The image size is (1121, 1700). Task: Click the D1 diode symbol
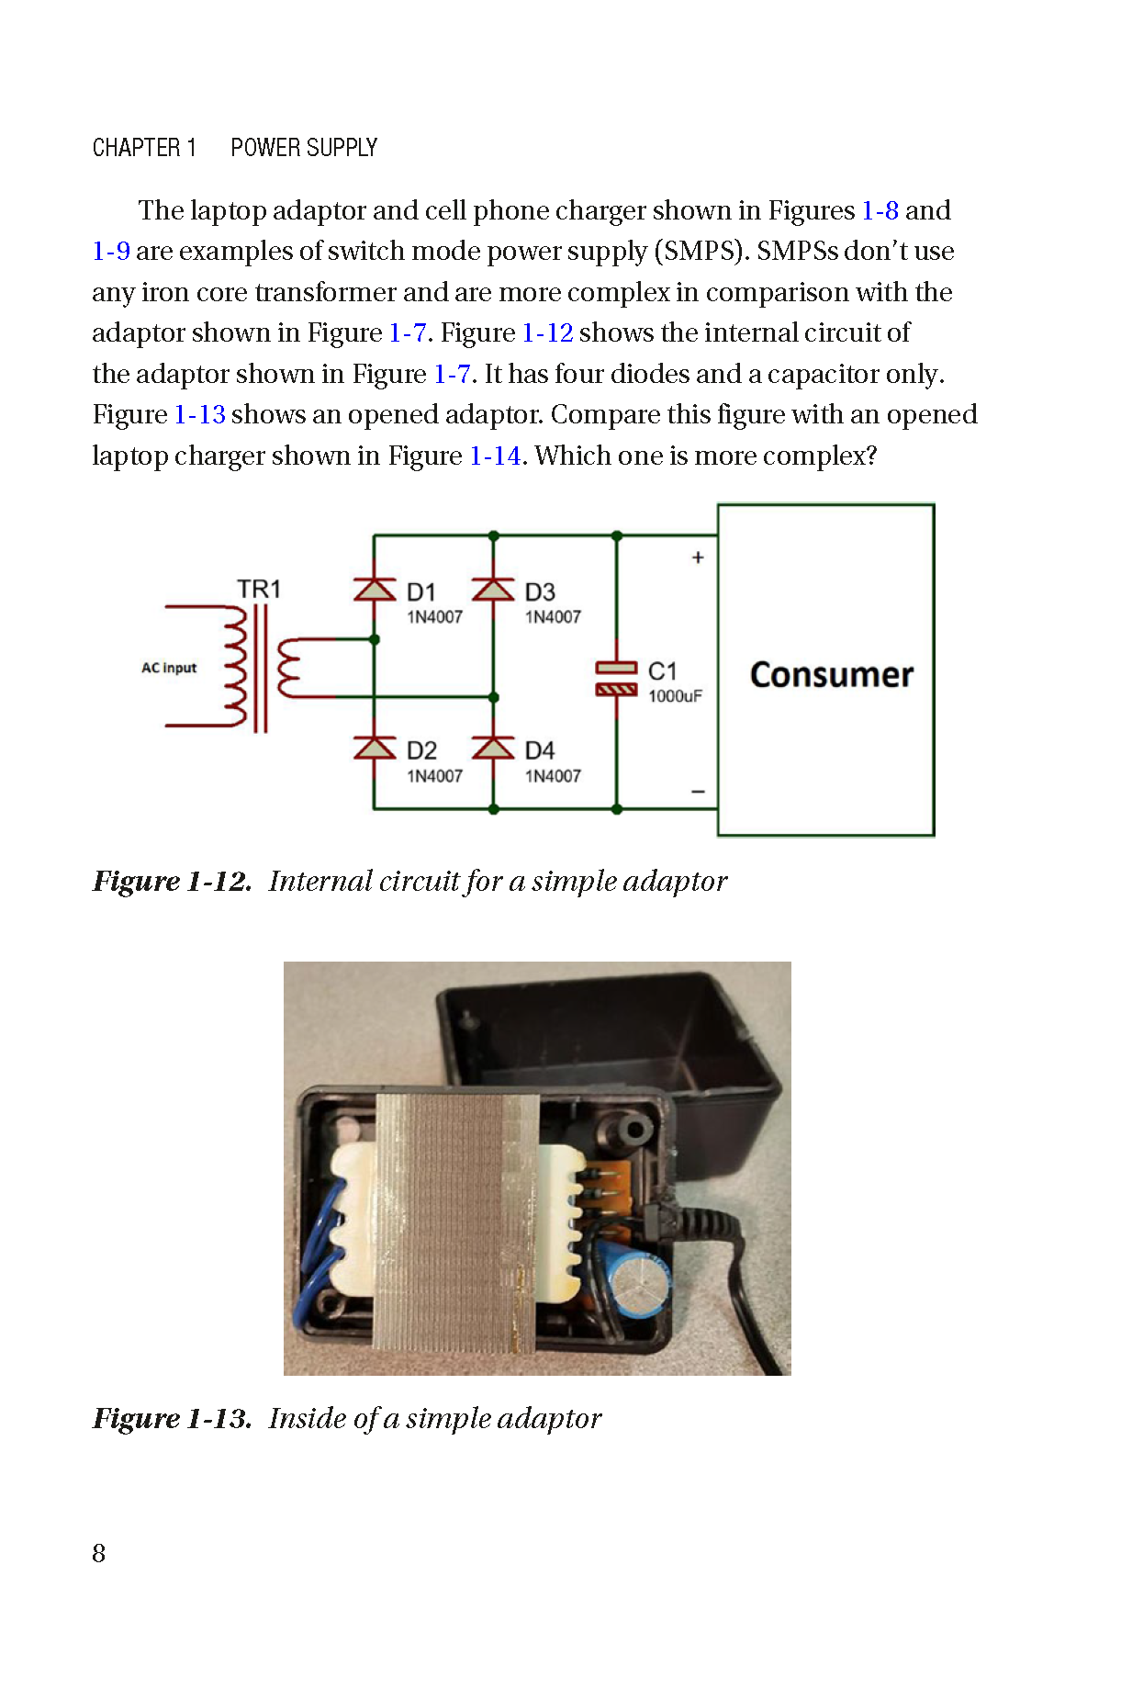[x=375, y=589]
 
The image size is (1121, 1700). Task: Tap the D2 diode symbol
[x=375, y=748]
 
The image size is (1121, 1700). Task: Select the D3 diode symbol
[x=493, y=589]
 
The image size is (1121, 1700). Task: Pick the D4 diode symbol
[x=493, y=748]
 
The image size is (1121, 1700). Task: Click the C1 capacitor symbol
[x=616, y=678]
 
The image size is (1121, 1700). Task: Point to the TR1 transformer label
[x=259, y=589]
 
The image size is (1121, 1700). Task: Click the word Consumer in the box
[x=831, y=675]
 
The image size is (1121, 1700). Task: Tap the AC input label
[x=169, y=668]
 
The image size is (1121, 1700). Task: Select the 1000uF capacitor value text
[x=675, y=696]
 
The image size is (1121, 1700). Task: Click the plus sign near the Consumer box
[x=698, y=557]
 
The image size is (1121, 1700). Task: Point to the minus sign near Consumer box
[x=698, y=792]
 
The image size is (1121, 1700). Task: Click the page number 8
[x=99, y=1553]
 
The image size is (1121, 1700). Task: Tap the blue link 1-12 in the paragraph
[x=547, y=332]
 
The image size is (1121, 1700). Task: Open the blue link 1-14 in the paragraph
[x=495, y=456]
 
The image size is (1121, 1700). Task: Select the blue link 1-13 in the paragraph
[x=200, y=415]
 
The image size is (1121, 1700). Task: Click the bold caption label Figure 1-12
[x=172, y=882]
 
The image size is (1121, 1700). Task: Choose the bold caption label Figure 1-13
[x=172, y=1419]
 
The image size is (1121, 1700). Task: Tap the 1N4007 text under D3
[x=553, y=617]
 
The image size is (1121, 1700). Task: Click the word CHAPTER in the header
[x=136, y=148]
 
